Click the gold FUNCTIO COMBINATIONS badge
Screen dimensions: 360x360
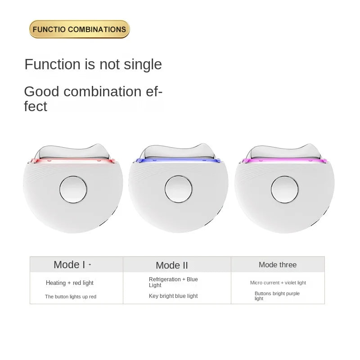coord(79,29)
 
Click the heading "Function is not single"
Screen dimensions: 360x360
coord(93,64)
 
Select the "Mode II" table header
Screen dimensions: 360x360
coord(172,265)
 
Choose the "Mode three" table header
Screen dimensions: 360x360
coord(278,265)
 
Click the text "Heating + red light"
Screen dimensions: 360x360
coord(70,283)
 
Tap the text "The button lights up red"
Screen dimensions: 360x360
coord(71,297)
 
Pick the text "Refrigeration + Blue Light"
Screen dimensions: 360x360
coord(173,282)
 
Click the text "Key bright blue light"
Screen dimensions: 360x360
coord(173,296)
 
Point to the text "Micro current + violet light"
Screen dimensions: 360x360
coord(278,283)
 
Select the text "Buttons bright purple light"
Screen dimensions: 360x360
coord(277,296)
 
